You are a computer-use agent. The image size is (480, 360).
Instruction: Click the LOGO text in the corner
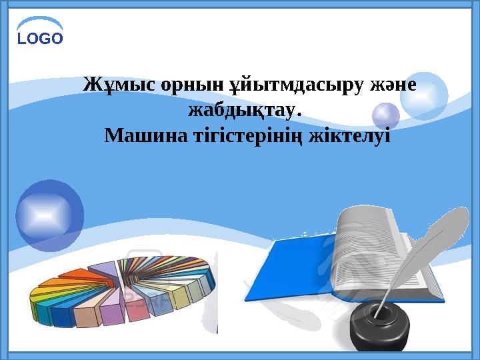(40, 38)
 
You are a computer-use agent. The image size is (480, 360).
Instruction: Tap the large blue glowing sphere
(49, 215)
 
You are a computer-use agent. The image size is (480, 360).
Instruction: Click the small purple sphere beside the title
(385, 116)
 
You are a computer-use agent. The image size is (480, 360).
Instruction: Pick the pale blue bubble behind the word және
(423, 95)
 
